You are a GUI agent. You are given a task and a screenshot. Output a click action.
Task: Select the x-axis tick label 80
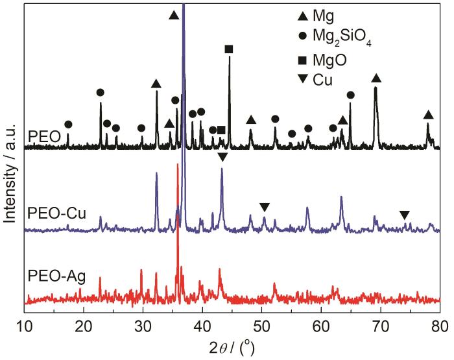coord(439,325)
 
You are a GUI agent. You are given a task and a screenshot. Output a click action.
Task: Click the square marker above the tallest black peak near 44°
coord(229,49)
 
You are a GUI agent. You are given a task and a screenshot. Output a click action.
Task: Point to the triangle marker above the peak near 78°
coord(428,115)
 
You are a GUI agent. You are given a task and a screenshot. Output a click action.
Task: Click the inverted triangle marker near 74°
coord(404,215)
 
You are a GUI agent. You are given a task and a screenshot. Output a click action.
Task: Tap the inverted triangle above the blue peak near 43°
coord(222,158)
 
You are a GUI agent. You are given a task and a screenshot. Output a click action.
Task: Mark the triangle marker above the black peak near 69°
coord(376,78)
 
